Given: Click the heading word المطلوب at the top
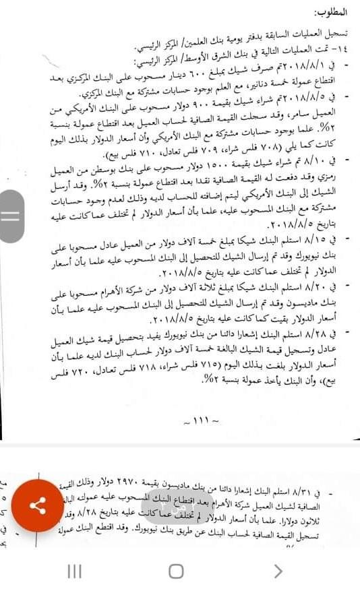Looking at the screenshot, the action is tap(331, 13).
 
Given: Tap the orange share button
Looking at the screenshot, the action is tap(38, 505).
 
